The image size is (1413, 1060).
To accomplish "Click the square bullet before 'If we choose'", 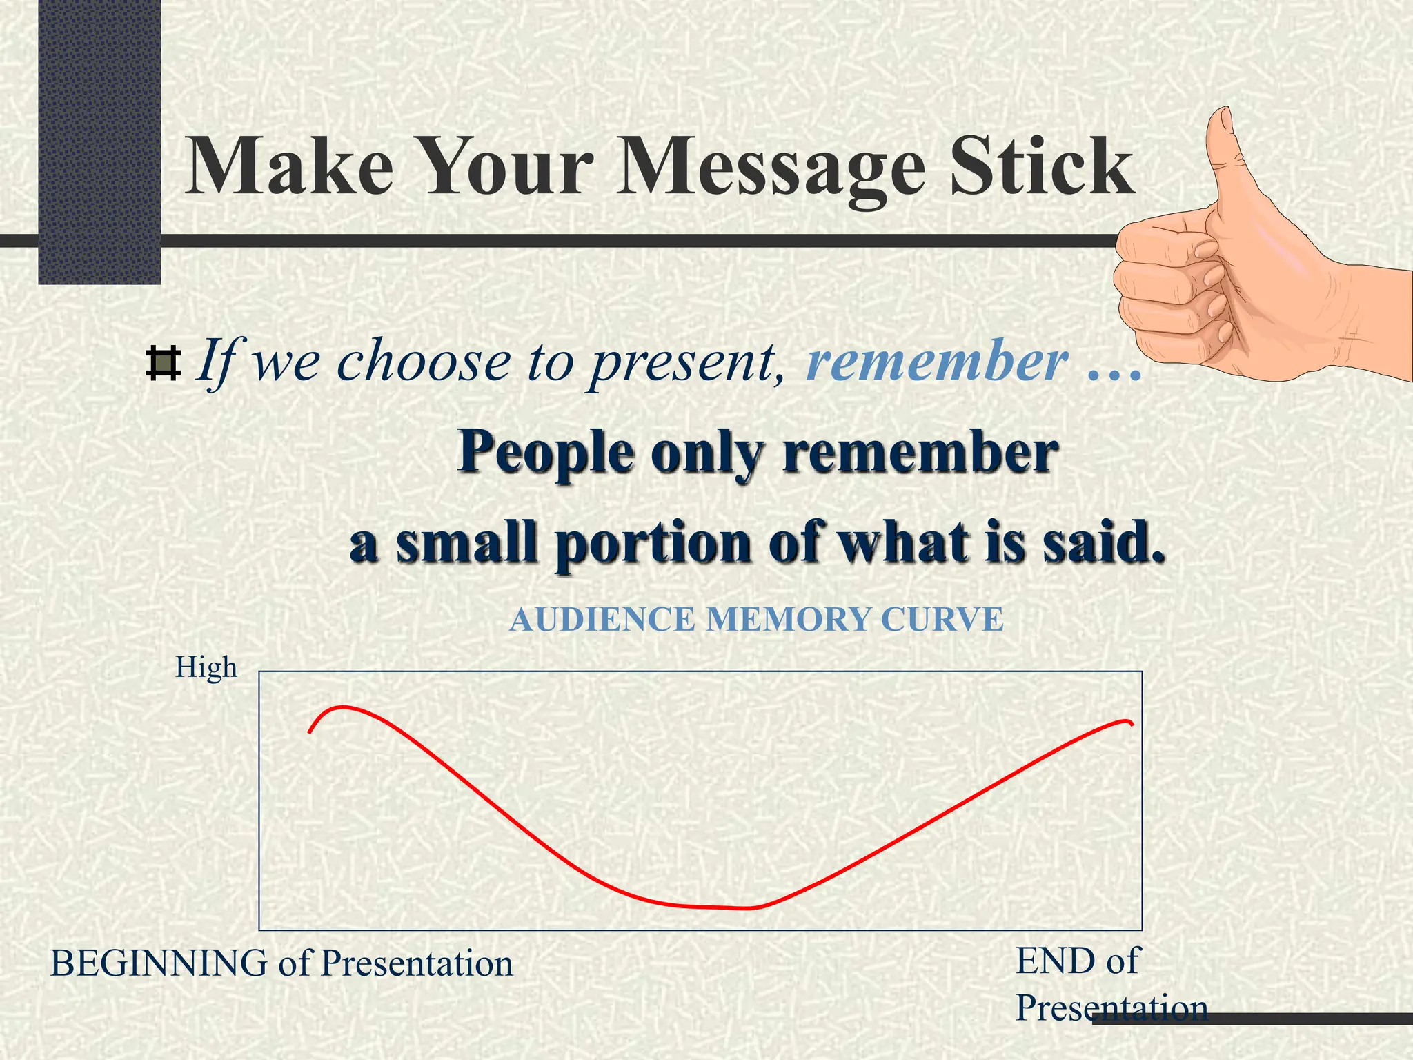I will click(x=164, y=364).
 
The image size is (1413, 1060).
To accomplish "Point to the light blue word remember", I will click(x=937, y=361).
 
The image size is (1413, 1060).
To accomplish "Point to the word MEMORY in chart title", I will click(x=787, y=619).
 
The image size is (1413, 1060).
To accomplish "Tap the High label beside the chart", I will click(x=206, y=667).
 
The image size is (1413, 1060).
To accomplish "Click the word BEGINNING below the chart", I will click(x=159, y=963).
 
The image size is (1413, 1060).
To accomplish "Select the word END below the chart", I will click(x=1055, y=961).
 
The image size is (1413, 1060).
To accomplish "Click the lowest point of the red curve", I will click(x=738, y=908).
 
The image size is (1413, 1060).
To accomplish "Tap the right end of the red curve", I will click(x=1132, y=724).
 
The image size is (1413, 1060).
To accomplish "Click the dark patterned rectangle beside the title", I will click(x=99, y=138).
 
